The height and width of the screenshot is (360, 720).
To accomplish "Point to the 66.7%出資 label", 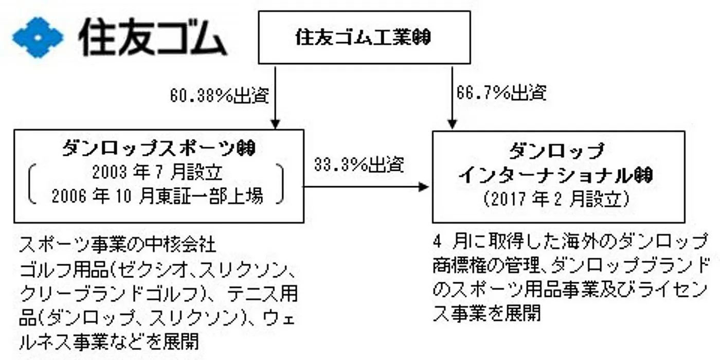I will coord(501,94).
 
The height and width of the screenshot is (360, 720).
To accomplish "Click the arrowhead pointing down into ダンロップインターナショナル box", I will coord(453,124).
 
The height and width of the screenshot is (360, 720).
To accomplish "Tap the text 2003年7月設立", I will coord(157,172).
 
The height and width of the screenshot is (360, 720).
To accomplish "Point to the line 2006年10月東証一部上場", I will coord(157,197).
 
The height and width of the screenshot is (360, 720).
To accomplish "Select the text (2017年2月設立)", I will coord(558,201).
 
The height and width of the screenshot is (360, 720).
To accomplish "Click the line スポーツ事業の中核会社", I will coord(118,245).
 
